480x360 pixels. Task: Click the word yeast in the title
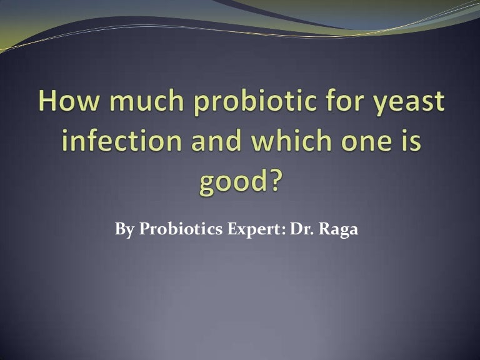pos(409,103)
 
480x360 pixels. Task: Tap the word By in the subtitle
pos(124,229)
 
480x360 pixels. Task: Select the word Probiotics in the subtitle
pos(181,229)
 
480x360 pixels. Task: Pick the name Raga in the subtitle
pos(339,230)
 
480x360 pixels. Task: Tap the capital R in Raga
pos(324,229)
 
